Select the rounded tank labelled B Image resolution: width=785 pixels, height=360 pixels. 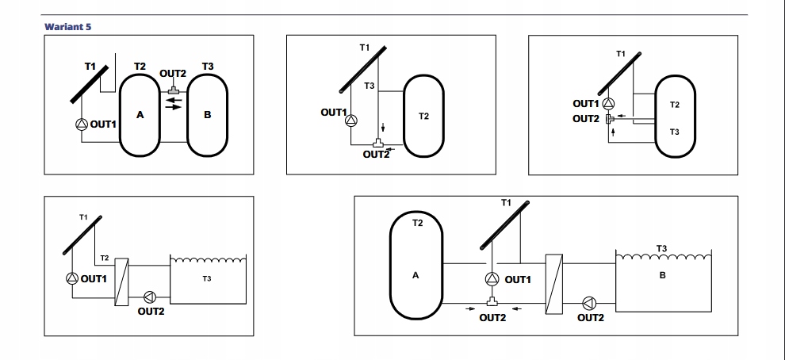coord(208,114)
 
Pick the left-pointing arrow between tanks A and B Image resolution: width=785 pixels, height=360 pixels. coord(174,100)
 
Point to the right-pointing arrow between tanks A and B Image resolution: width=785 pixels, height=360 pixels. coord(174,108)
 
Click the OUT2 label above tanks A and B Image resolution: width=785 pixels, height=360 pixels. coord(173,74)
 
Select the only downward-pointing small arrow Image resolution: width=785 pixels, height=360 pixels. coord(383,128)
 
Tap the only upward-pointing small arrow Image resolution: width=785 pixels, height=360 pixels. coord(614,132)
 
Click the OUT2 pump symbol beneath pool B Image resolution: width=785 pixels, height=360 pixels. coord(589,303)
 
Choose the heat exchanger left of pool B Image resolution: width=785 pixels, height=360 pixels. coord(553,283)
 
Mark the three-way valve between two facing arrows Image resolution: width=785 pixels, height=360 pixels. coord(492,303)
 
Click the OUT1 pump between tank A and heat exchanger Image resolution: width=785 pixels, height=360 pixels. coord(492,279)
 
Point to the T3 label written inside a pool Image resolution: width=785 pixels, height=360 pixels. coord(207,278)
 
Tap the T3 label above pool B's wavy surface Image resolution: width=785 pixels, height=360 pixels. coord(662,248)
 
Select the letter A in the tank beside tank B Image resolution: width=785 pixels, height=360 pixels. coord(140,115)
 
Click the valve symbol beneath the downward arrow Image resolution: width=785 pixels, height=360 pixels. coord(379,144)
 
